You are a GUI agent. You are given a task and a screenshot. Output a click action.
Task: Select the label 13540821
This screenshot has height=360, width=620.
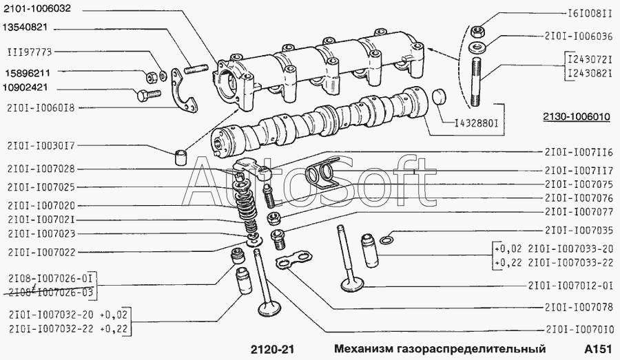25,28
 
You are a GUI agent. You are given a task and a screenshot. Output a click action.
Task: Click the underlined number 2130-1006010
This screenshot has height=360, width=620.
576,118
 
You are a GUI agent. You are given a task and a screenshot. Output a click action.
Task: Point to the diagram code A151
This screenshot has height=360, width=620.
598,349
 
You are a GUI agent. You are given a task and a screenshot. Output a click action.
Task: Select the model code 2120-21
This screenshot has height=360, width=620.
272,349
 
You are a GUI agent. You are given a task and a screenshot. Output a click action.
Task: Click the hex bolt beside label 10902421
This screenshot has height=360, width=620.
149,95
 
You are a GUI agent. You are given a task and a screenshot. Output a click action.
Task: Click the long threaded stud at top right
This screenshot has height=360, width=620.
477,82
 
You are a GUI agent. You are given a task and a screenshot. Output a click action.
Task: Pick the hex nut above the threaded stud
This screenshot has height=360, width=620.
477,30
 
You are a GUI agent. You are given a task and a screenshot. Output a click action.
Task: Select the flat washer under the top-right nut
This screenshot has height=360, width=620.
477,47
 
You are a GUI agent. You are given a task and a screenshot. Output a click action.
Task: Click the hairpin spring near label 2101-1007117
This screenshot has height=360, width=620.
322,171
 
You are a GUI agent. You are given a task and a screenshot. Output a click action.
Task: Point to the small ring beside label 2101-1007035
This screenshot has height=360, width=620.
386,240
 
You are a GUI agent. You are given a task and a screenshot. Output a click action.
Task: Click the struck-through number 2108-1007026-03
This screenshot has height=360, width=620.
50,293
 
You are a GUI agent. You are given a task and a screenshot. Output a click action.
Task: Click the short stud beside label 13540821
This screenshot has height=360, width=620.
196,69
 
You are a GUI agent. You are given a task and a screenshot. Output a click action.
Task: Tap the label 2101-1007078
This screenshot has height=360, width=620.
579,307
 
